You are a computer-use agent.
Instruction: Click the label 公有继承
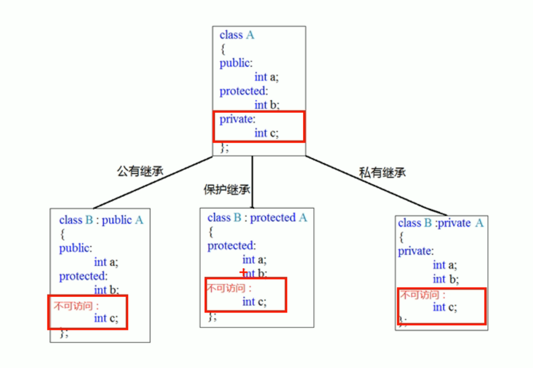point(140,171)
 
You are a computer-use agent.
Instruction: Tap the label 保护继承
point(227,190)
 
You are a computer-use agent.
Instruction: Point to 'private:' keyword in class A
point(237,119)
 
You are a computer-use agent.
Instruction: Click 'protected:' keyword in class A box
point(243,91)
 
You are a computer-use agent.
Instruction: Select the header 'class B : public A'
point(101,220)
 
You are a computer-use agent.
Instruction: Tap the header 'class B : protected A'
point(257,218)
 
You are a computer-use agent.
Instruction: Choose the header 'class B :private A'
point(441,223)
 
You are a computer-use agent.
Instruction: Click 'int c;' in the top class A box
point(266,133)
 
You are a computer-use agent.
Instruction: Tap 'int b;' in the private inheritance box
point(445,279)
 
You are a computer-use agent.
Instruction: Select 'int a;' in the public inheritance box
point(106,262)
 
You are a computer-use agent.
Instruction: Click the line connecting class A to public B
point(153,182)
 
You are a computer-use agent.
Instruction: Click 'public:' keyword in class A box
point(236,63)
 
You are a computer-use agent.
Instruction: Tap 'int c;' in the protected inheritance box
point(254,301)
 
